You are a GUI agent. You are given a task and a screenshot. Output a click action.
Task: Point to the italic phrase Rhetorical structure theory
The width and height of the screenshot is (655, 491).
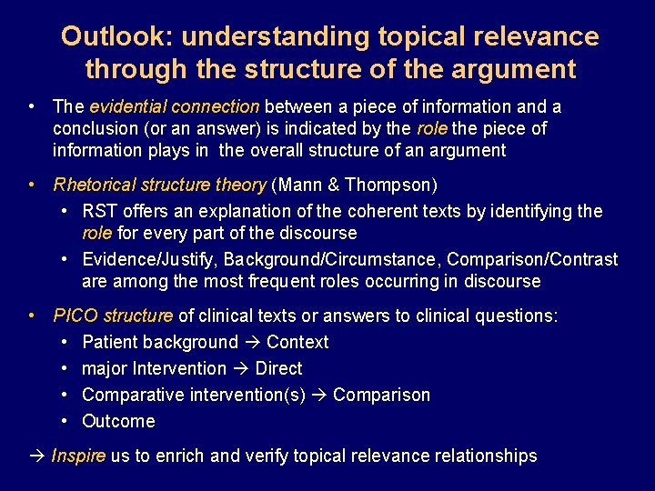point(160,185)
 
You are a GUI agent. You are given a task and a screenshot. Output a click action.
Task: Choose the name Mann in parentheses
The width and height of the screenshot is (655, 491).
point(298,185)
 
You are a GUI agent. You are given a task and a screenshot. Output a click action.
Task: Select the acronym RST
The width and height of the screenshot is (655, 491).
point(99,212)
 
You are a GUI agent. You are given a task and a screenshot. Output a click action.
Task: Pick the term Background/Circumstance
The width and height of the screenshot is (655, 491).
point(331,260)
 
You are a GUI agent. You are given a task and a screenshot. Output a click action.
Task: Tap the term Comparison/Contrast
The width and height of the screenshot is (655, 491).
point(532,260)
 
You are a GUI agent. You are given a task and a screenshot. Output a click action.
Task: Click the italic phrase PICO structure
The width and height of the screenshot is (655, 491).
point(113,316)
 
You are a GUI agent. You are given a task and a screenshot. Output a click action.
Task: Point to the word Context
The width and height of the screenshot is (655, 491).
point(297,343)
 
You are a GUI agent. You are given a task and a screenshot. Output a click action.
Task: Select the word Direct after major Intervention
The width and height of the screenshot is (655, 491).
point(278,369)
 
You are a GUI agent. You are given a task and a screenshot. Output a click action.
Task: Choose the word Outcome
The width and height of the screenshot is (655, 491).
point(118,421)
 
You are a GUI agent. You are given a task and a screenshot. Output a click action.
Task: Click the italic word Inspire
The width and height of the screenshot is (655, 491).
point(78,456)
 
